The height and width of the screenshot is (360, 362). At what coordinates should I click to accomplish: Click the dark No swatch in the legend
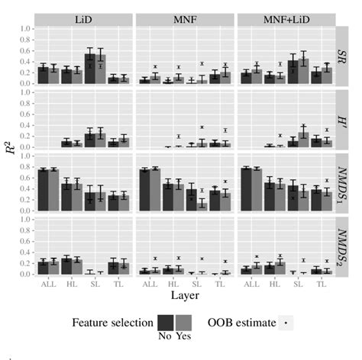tap(166, 323)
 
